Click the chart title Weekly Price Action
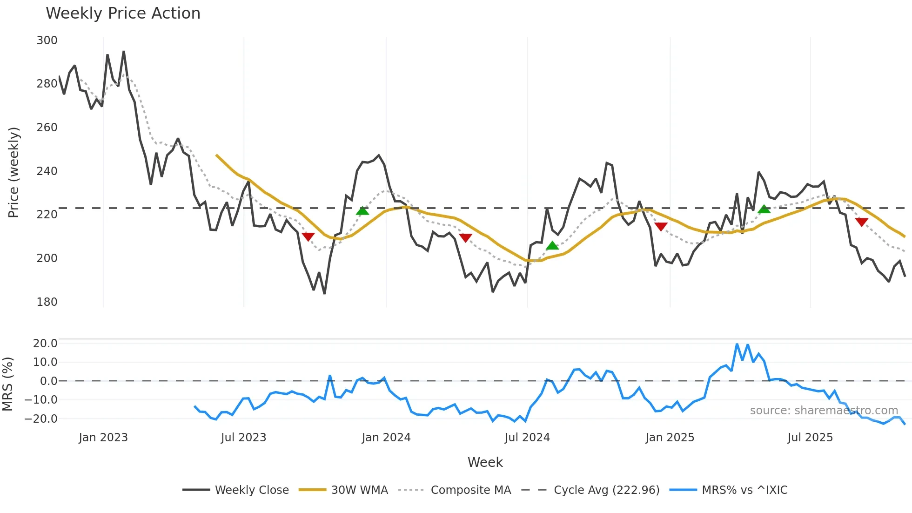(123, 13)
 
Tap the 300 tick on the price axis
(47, 40)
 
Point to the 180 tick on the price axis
(47, 302)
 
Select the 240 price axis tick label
(47, 171)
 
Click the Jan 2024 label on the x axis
(386, 438)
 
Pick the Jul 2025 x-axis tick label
(810, 438)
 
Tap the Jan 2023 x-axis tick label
(103, 438)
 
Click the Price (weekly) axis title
(13, 172)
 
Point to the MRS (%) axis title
(7, 384)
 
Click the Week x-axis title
(485, 462)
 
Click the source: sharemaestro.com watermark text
(824, 411)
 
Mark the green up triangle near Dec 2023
(362, 211)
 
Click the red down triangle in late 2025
(861, 222)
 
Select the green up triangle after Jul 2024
(552, 245)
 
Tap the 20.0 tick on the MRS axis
(45, 344)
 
